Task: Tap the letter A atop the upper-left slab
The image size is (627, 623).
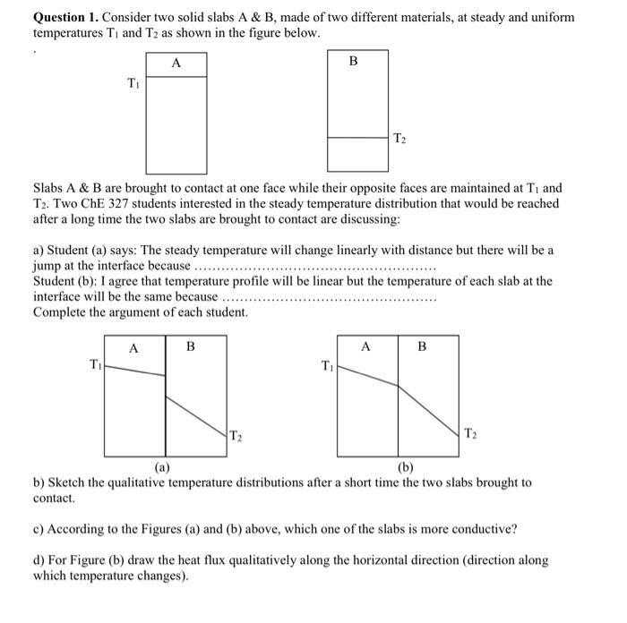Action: (176, 63)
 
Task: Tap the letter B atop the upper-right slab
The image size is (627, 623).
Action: (353, 62)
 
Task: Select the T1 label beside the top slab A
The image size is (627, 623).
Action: (133, 84)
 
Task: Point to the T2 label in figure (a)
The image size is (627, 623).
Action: (236, 436)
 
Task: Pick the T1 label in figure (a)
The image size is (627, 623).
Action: (96, 363)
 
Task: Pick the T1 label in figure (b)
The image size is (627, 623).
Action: (328, 364)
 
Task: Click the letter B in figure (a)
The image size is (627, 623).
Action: (190, 346)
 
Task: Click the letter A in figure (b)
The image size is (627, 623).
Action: (365, 346)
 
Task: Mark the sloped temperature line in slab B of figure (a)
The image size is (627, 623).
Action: (197, 413)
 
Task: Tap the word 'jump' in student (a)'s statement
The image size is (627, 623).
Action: (48, 266)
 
